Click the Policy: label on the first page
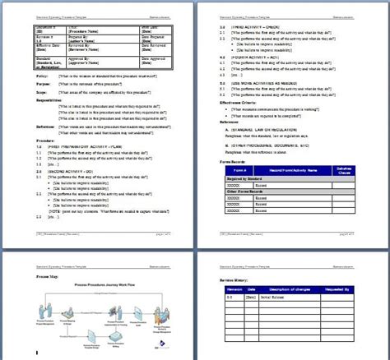click(x=20, y=75)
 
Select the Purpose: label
click(x=21, y=84)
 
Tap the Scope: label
click(x=20, y=94)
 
